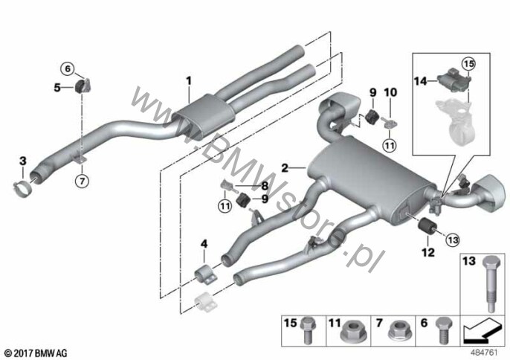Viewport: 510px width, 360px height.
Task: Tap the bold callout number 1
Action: tap(189, 80)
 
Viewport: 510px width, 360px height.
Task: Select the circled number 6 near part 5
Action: tap(68, 68)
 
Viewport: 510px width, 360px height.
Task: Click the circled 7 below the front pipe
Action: tap(82, 181)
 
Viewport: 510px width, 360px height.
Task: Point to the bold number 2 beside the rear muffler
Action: tap(285, 168)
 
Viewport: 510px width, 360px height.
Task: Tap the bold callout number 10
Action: tap(390, 92)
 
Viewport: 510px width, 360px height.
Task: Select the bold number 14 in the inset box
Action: tap(420, 81)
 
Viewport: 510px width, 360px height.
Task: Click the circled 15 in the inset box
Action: tap(469, 64)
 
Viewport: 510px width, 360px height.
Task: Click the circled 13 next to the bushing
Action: tap(453, 240)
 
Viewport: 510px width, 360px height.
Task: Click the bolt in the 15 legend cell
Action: tap(307, 330)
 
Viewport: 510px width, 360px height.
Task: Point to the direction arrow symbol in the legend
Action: tap(482, 330)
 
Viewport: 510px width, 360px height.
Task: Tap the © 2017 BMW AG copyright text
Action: tap(36, 353)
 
